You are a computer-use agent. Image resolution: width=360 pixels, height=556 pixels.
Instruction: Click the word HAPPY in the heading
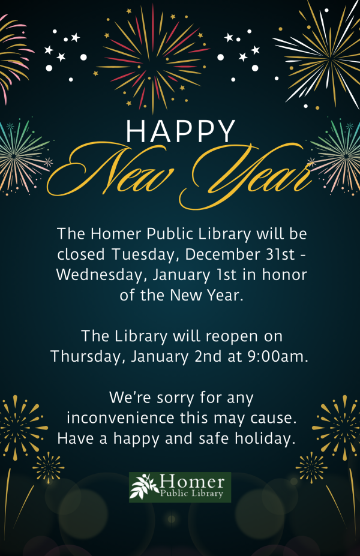[x=181, y=131]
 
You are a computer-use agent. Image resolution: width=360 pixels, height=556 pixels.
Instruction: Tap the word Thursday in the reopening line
[x=86, y=356]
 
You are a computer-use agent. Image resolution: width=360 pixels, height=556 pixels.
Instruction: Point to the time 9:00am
[x=278, y=356]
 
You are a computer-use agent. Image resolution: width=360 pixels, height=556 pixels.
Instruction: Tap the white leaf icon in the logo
[x=145, y=485]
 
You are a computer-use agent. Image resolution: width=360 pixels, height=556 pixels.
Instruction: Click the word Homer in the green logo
[x=192, y=481]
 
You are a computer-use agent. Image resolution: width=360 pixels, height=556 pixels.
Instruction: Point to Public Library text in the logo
[x=192, y=494]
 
